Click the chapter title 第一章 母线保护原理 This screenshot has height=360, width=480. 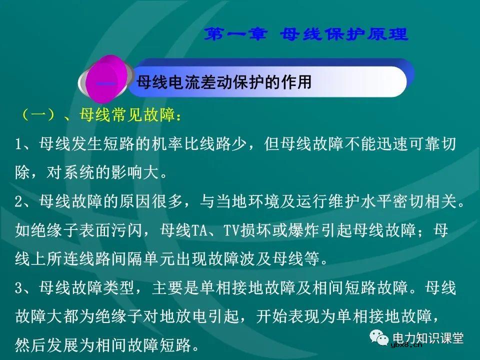[x=307, y=34]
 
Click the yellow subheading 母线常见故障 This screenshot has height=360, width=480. [x=125, y=115]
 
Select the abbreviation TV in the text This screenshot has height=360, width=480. [x=231, y=231]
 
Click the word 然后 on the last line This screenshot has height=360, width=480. [x=30, y=345]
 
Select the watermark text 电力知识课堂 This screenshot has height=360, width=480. [x=429, y=338]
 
